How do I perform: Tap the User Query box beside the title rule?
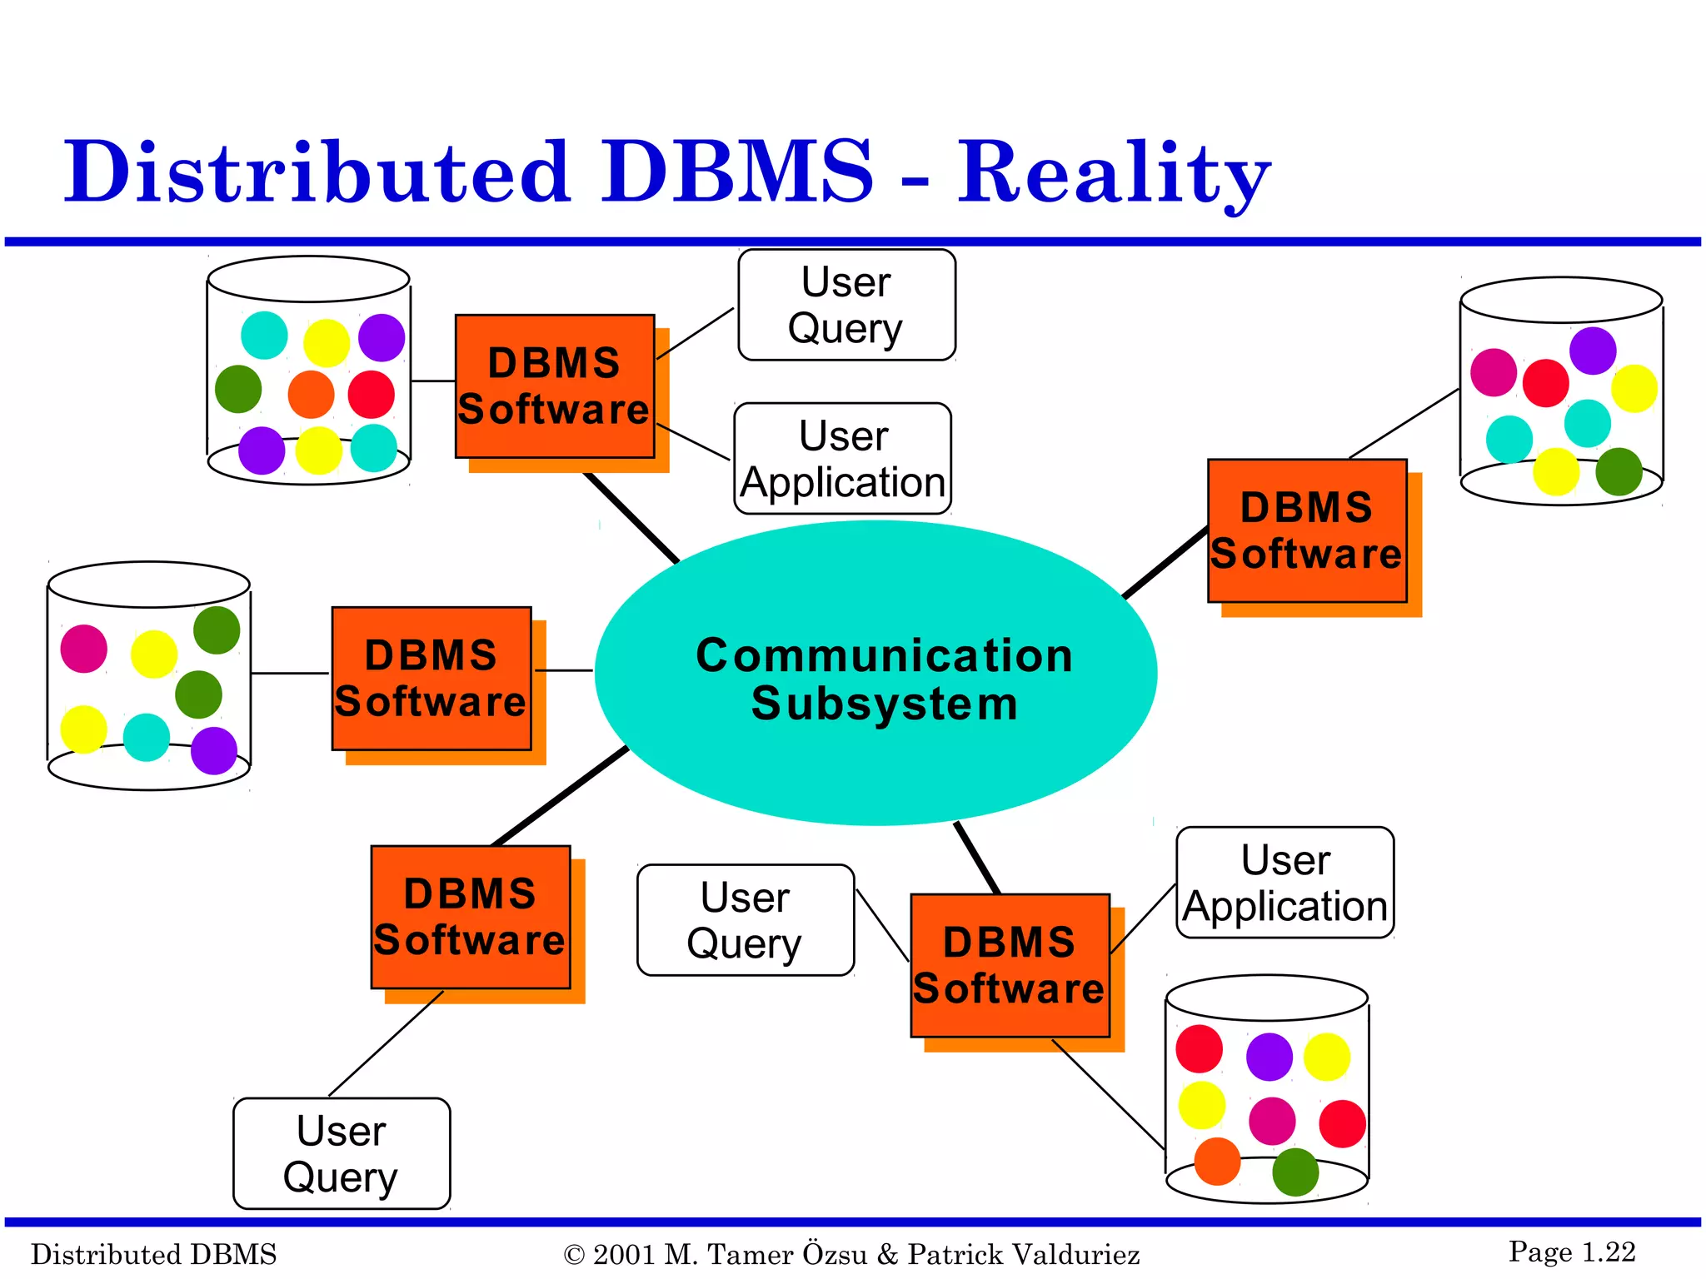[x=846, y=305]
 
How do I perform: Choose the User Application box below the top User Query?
[x=842, y=459]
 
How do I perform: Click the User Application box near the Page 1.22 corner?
[x=1284, y=883]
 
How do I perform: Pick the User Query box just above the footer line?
[x=342, y=1153]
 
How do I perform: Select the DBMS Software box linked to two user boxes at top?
[x=555, y=386]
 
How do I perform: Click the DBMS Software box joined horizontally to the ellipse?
[x=431, y=679]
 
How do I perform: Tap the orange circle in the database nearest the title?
[x=311, y=395]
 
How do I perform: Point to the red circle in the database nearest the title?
[x=371, y=395]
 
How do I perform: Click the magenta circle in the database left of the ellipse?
[x=84, y=649]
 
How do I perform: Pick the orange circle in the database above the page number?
[x=1217, y=1161]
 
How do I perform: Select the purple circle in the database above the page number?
[x=1269, y=1057]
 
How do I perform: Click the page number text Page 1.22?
[x=1571, y=1252]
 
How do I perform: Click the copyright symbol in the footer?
[x=574, y=1255]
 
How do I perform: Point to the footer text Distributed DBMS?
[x=153, y=1254]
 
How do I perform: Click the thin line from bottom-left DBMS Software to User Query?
[x=386, y=1043]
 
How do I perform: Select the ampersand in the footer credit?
[x=887, y=1254]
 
